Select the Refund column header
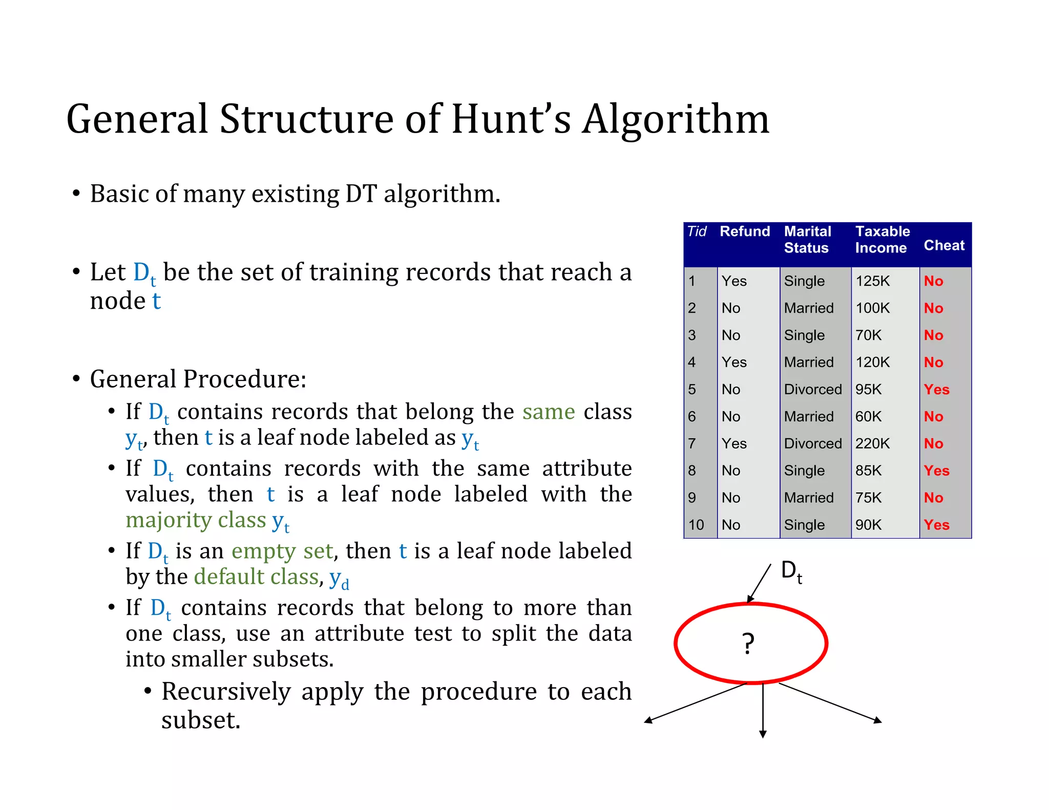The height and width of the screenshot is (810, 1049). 744,231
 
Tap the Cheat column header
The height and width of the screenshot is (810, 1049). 943,246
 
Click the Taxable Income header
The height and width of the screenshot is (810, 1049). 882,240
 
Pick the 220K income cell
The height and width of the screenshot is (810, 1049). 872,443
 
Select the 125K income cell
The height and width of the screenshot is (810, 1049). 872,281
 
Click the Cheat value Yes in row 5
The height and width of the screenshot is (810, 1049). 936,390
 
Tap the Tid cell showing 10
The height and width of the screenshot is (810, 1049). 696,525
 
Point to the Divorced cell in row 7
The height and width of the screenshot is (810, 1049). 812,443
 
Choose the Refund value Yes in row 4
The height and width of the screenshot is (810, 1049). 734,363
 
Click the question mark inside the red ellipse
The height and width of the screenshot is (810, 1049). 748,644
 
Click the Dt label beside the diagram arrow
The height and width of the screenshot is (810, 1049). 791,571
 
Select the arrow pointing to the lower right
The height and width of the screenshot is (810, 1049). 830,702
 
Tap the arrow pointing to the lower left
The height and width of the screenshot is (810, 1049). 697,702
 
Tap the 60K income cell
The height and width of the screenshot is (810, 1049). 868,417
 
